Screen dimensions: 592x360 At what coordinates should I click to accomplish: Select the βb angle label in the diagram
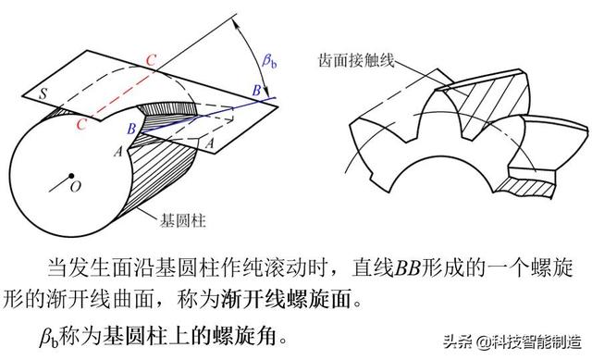pos(269,62)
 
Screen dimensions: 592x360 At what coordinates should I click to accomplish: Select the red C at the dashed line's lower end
pos(82,124)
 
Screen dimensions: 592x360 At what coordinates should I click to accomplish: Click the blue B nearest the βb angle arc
pos(256,89)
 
